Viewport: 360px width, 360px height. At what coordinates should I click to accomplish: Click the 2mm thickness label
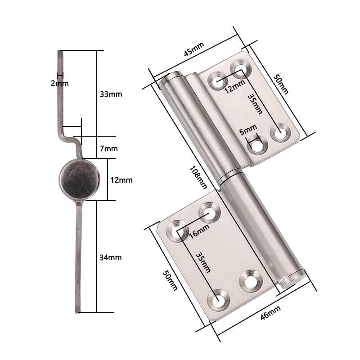(59, 83)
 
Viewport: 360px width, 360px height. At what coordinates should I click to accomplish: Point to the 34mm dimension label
(110, 257)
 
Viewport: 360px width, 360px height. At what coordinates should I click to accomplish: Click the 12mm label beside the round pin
(121, 180)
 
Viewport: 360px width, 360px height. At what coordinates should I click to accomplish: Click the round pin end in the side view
(79, 180)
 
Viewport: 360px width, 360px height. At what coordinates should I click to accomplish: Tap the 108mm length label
(198, 177)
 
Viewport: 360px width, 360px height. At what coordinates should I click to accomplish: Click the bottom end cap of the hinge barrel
(292, 279)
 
